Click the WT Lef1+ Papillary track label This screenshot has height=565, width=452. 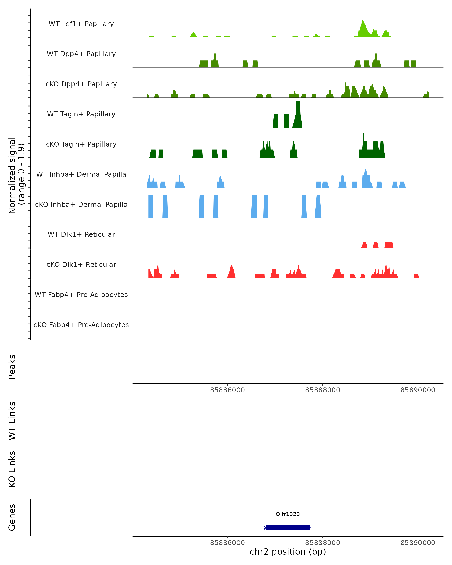click(81, 24)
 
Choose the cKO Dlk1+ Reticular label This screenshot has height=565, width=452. click(81, 264)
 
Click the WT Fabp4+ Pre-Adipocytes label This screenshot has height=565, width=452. click(81, 295)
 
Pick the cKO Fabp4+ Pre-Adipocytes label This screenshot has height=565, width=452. click(81, 325)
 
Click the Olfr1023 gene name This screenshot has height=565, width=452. click(288, 514)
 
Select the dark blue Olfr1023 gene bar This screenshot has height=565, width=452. click(288, 528)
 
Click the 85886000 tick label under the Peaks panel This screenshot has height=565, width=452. click(228, 390)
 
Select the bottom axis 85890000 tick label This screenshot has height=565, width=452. click(418, 543)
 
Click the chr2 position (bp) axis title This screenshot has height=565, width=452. click(288, 552)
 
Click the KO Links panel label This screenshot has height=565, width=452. click(12, 469)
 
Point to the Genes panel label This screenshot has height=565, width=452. click(12, 517)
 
